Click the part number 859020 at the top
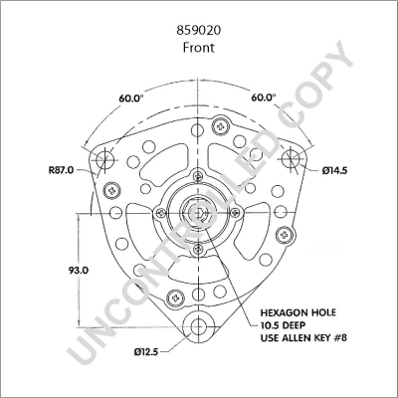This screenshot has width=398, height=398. (199, 31)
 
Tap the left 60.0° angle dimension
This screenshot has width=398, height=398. (131, 98)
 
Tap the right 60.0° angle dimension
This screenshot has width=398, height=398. (265, 98)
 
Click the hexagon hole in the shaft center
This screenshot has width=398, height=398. (199, 212)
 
